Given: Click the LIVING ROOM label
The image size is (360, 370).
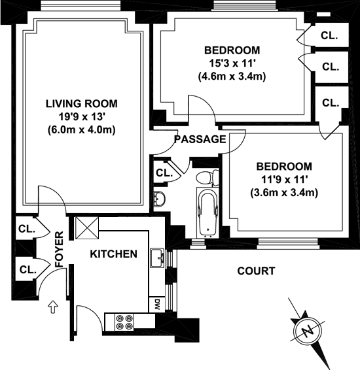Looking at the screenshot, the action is click(x=82, y=104).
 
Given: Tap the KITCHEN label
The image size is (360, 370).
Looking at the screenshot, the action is click(x=114, y=254).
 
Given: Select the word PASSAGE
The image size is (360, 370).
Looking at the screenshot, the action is click(x=200, y=139).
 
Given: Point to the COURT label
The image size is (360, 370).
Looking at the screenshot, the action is click(x=256, y=271).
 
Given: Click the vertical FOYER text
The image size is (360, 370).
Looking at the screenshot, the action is click(x=60, y=249).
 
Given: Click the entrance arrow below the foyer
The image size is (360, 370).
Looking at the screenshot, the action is click(x=53, y=307).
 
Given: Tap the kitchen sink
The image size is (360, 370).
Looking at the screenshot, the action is click(x=157, y=258).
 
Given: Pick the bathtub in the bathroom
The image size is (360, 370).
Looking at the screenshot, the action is click(x=207, y=212).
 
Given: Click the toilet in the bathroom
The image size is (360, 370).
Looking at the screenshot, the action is click(x=207, y=178).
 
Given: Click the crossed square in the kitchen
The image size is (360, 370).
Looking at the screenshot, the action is click(x=86, y=228).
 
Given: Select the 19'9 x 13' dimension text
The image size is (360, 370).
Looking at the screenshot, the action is click(x=82, y=117).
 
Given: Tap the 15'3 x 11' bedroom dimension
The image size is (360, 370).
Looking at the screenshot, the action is click(x=232, y=63).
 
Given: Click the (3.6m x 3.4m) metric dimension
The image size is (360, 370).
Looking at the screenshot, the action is click(x=284, y=193).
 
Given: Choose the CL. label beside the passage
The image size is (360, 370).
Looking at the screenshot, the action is click(x=164, y=173).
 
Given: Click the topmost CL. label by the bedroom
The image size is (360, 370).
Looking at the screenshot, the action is click(x=329, y=36).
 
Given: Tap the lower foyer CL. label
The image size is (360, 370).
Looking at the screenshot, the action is click(x=28, y=270).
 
